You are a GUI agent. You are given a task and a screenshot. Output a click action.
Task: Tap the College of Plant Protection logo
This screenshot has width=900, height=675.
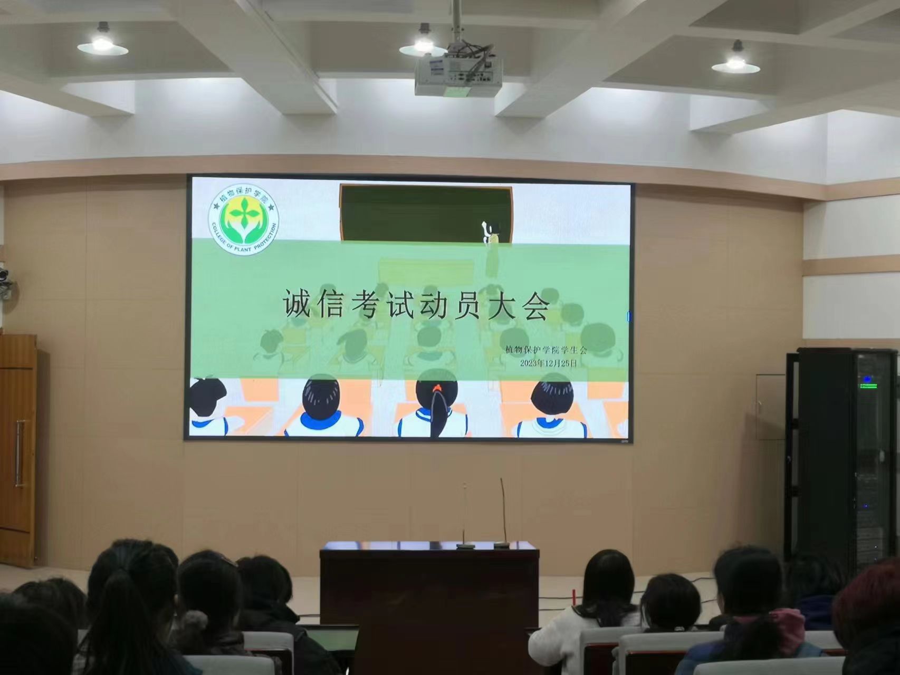(244, 222)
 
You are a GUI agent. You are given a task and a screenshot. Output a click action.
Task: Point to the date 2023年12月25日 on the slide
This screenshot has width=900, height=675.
(549, 363)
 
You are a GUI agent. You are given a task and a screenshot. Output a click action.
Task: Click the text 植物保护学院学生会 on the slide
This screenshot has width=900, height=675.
(546, 349)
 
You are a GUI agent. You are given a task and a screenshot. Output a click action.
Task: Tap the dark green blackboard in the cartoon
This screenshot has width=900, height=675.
(426, 213)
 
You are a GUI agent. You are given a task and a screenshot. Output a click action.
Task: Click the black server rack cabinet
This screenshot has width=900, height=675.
(841, 454)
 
